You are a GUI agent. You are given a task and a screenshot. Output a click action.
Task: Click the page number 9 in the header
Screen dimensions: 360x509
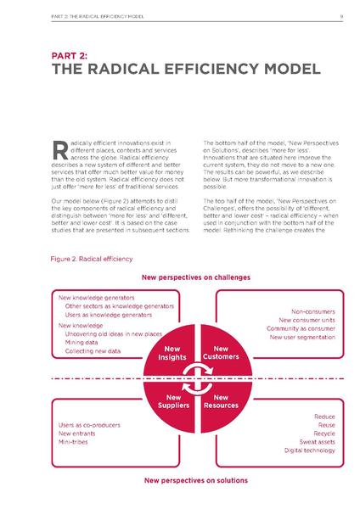(x=340, y=14)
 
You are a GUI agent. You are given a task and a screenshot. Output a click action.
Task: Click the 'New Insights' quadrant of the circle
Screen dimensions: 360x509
(x=172, y=354)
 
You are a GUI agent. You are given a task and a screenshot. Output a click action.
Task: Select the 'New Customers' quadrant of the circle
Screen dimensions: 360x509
(x=222, y=354)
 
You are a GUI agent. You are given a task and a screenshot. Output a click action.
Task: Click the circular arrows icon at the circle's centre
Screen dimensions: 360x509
(x=197, y=377)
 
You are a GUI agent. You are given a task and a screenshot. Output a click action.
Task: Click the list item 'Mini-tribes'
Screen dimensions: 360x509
(x=75, y=441)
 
